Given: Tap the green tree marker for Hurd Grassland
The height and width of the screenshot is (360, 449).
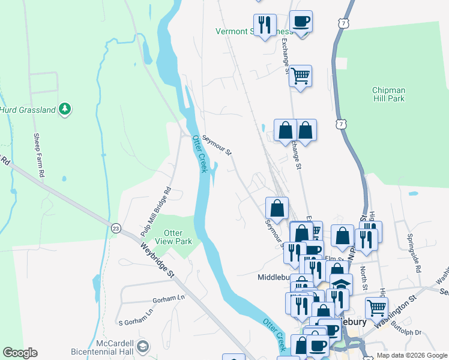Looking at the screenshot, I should pyautogui.click(x=65, y=109).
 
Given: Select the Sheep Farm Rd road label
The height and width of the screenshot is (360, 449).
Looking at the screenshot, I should pyautogui.click(x=38, y=155).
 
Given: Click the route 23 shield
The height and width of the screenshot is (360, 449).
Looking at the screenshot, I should pyautogui.click(x=115, y=227).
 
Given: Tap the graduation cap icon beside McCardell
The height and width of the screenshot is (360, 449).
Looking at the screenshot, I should pyautogui.click(x=143, y=346).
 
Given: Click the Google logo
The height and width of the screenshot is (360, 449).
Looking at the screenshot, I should pyautogui.click(x=20, y=353).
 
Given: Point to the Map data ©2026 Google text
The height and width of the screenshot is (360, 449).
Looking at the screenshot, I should pyautogui.click(x=411, y=355).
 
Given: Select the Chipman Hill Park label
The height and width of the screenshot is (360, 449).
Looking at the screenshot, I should pyautogui.click(x=388, y=94).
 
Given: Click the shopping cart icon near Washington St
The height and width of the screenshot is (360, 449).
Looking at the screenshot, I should pyautogui.click(x=376, y=307).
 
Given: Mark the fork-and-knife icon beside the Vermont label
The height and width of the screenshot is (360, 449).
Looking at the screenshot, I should pyautogui.click(x=265, y=25).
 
